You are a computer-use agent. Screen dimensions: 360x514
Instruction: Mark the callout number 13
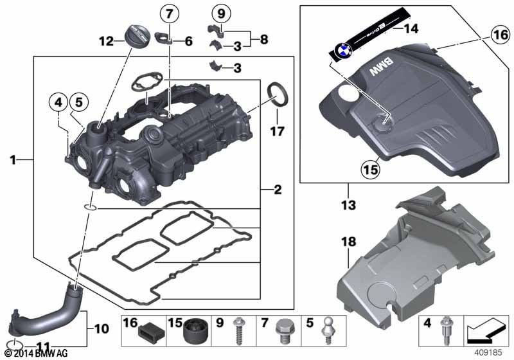pyautogui.click(x=348, y=208)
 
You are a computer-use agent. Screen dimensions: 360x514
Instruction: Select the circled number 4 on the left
pyautogui.click(x=58, y=101)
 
